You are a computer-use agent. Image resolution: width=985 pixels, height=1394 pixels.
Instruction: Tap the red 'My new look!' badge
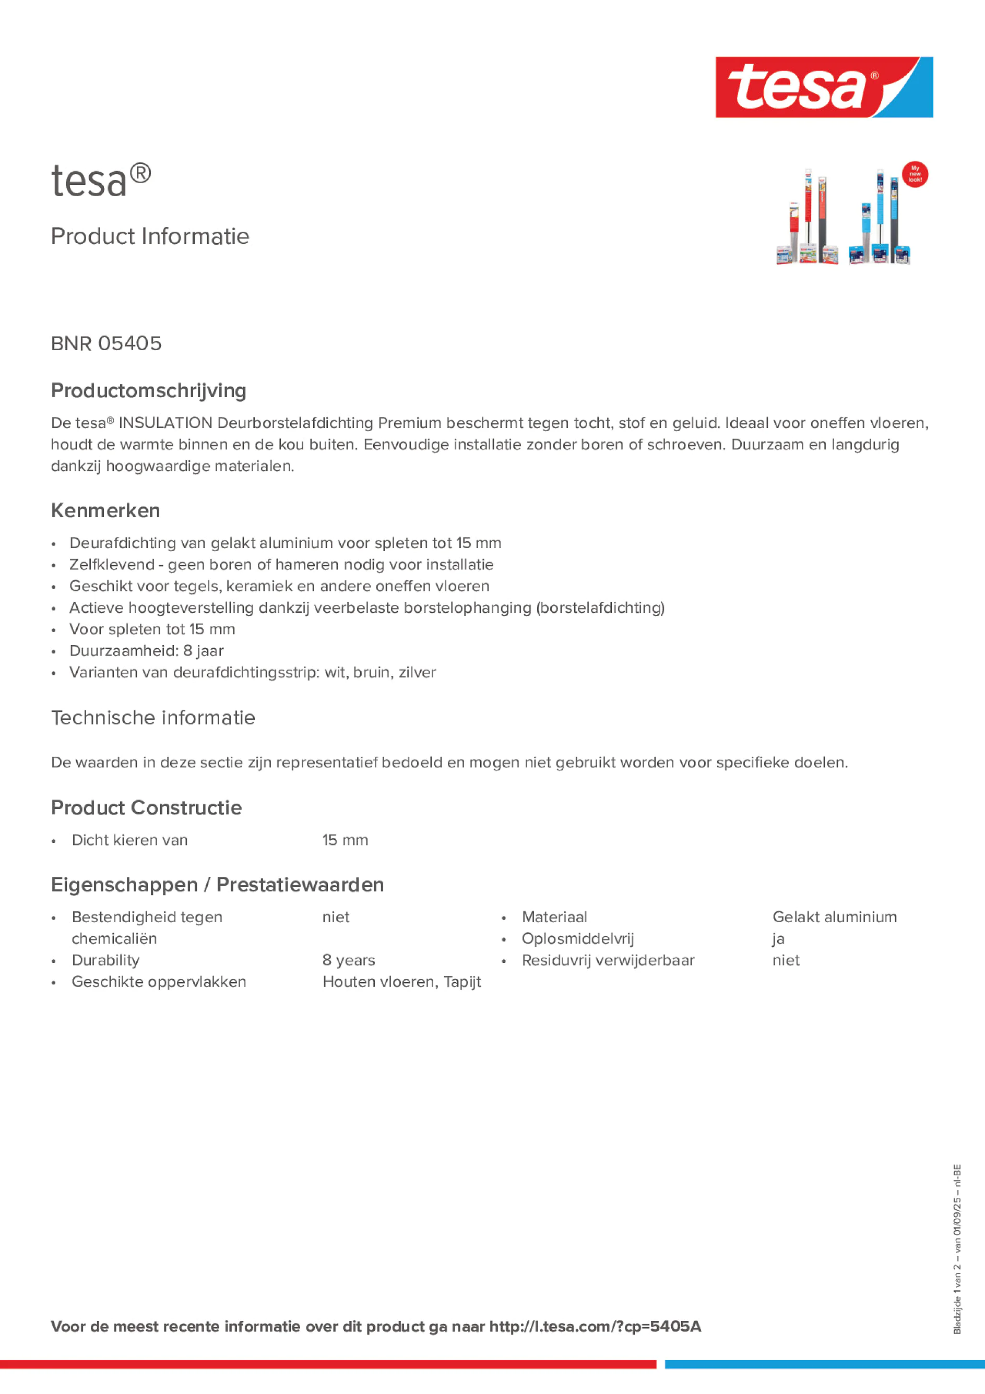tap(915, 174)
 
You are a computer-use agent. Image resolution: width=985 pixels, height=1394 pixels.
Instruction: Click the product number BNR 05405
tap(106, 343)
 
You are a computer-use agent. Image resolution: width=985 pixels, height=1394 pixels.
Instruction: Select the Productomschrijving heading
tap(149, 390)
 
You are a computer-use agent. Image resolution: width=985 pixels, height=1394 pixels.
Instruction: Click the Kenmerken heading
tap(105, 510)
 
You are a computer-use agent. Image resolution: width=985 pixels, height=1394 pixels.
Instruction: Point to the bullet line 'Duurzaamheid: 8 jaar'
tap(146, 651)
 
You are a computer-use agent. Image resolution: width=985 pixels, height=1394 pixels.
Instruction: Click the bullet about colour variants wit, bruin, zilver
tap(253, 673)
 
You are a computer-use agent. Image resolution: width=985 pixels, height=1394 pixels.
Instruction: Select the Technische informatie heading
tap(153, 718)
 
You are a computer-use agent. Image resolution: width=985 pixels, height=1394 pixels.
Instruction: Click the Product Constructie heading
tap(146, 807)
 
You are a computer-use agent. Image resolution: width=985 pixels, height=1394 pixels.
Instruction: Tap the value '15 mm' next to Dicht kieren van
tap(345, 840)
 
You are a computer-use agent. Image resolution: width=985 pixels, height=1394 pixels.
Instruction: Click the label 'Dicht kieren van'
tap(129, 840)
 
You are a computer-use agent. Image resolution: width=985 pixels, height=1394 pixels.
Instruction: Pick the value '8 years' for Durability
tap(349, 960)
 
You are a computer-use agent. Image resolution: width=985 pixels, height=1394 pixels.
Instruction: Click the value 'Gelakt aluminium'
tap(834, 918)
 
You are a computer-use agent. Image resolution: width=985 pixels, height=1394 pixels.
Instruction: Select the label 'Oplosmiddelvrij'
tap(577, 939)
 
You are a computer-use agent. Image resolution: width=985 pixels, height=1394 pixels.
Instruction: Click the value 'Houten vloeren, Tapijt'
tap(401, 982)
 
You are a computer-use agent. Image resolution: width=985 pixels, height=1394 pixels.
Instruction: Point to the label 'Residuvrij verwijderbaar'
tap(608, 960)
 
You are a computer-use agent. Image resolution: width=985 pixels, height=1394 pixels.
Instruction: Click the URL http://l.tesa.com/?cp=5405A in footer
tap(595, 1327)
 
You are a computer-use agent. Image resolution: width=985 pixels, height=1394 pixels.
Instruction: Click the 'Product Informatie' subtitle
tap(150, 236)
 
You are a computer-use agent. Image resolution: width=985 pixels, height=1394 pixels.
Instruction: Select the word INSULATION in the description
tap(165, 423)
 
